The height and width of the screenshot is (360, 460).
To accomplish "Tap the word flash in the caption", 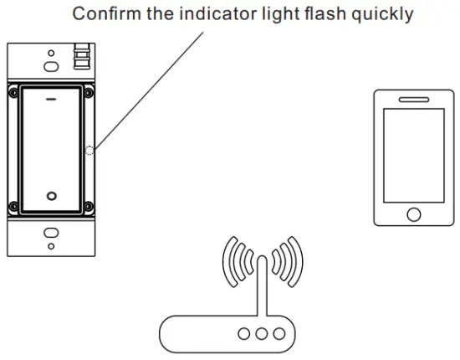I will point(330,14).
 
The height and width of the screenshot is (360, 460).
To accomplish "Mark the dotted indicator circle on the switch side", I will point(89,151).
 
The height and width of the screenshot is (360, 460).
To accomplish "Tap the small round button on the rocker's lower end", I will point(51,195).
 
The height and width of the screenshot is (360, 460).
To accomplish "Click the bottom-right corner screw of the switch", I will point(87,207).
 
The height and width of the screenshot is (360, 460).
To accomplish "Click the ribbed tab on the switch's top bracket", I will point(81,57).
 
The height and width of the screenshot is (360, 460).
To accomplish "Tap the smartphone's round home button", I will point(412,213).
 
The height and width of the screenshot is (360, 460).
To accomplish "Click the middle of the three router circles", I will point(263,332).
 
